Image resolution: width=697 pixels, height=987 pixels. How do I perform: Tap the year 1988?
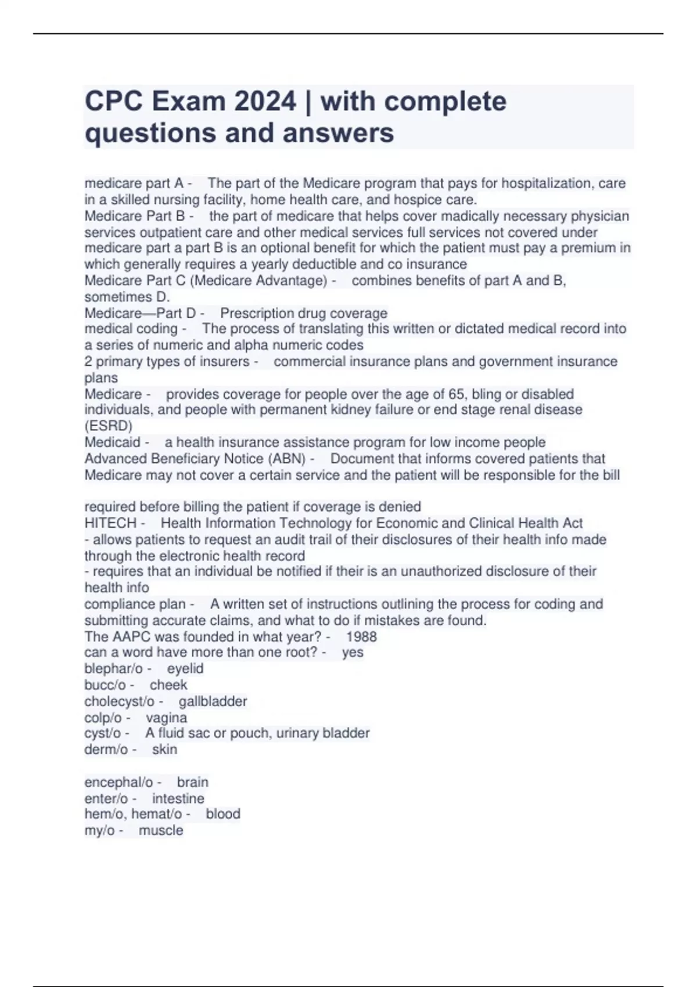361,636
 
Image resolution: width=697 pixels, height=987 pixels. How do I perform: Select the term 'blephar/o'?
113,669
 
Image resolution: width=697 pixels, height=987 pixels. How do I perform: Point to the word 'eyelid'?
185,669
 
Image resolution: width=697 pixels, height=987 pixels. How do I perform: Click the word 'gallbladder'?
213,701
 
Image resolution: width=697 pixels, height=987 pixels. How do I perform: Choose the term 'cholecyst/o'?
120,701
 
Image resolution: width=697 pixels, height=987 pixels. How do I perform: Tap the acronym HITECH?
110,523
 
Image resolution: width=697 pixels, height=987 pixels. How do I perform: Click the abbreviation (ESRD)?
109,426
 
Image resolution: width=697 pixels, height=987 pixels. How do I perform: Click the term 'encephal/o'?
118,782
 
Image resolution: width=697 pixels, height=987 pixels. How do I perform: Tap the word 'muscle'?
161,830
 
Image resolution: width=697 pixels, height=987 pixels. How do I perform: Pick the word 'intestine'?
178,798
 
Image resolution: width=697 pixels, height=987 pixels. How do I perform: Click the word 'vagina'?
166,718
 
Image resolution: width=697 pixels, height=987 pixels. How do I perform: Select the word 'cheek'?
168,685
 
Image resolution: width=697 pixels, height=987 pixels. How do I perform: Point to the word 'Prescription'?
256,314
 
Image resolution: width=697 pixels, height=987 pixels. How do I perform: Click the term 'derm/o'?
106,750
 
